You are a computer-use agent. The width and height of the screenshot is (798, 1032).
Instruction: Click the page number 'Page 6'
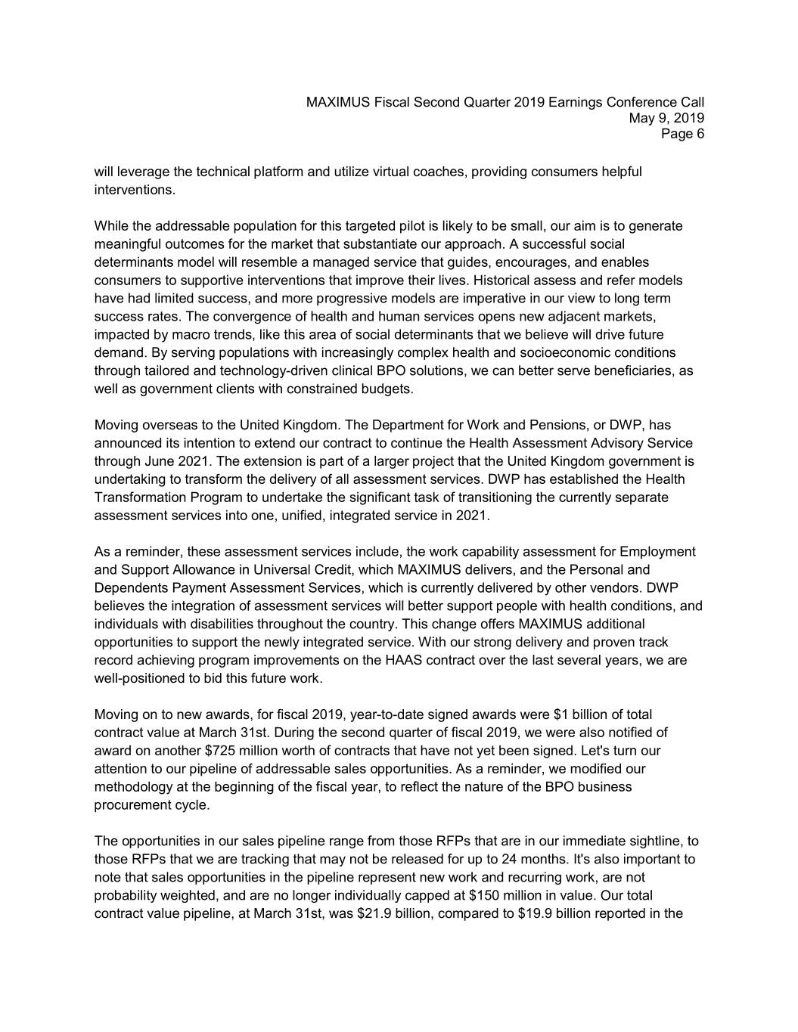(x=682, y=135)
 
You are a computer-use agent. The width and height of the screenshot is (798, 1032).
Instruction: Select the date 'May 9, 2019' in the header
(x=666, y=118)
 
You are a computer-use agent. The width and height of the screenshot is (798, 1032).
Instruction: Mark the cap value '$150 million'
(x=505, y=897)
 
